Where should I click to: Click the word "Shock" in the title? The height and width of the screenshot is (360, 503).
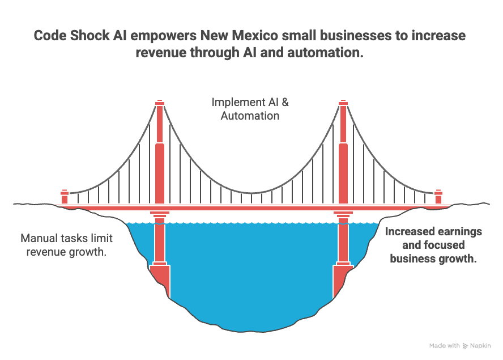(90, 36)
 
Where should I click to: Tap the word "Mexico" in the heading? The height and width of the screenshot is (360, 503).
(255, 36)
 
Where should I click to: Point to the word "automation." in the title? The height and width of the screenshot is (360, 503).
(325, 52)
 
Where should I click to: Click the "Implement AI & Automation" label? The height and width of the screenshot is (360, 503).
(250, 109)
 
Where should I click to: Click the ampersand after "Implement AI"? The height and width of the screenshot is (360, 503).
(285, 102)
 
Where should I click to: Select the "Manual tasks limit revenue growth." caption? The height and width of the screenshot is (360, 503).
(66, 245)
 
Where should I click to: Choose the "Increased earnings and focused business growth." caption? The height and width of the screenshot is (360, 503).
(433, 245)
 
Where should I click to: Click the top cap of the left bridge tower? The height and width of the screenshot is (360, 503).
(160, 103)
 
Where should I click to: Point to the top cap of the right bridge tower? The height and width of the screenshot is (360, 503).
(343, 103)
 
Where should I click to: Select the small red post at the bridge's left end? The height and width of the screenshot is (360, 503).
(65, 197)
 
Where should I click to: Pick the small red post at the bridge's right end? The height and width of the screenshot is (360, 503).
(438, 197)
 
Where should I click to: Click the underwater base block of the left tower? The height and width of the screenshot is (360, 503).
(160, 279)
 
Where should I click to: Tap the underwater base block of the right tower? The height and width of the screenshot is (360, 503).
(343, 279)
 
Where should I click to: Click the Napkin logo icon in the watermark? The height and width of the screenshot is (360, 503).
(465, 346)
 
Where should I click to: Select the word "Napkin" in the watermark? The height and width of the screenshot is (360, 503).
(480, 346)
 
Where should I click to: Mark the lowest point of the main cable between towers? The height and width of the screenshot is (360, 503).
(252, 193)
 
